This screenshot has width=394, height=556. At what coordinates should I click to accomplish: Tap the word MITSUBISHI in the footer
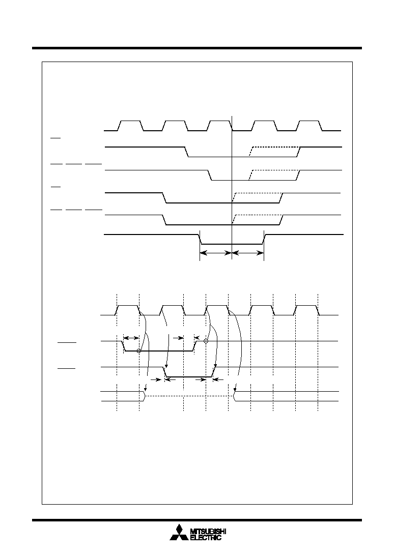click(x=208, y=532)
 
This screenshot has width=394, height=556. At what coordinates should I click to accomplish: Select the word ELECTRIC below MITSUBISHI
click(x=206, y=538)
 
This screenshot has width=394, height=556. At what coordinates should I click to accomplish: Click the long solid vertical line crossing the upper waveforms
click(x=232, y=188)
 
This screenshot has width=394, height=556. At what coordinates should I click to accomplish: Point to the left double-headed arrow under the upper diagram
click(x=216, y=253)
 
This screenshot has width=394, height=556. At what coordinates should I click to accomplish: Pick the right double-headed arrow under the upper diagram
click(x=248, y=253)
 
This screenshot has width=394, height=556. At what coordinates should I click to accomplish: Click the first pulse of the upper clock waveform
click(x=131, y=126)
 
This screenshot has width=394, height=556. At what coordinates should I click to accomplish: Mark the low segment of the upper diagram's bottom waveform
click(x=232, y=244)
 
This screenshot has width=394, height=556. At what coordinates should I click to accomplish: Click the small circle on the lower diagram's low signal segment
click(x=139, y=350)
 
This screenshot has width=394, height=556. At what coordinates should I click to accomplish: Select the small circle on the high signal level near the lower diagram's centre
click(x=206, y=341)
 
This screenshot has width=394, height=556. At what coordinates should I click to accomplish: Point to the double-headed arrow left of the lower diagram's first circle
click(x=131, y=338)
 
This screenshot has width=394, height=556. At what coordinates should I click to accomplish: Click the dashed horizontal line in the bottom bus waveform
click(x=189, y=396)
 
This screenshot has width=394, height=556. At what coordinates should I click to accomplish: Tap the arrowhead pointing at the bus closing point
click(x=145, y=390)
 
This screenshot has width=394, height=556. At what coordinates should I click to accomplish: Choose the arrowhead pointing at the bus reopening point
click(x=235, y=390)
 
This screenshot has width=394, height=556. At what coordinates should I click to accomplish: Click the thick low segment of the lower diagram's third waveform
click(x=189, y=376)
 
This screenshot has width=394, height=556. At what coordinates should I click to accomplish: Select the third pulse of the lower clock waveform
click(x=217, y=310)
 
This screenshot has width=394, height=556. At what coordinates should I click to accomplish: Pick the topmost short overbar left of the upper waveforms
click(x=55, y=138)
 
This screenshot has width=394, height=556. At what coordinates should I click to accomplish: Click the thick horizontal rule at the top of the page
click(x=197, y=48)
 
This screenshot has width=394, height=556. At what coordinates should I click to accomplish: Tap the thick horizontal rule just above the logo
click(x=197, y=520)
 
